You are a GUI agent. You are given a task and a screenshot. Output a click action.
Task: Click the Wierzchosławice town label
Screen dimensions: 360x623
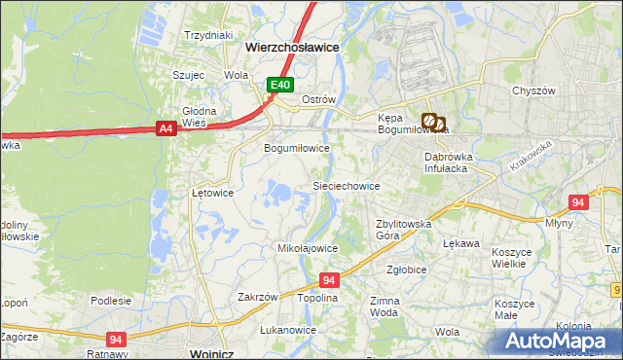[x=291, y=46]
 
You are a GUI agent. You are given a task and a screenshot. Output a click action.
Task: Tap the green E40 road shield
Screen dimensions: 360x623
[x=280, y=86]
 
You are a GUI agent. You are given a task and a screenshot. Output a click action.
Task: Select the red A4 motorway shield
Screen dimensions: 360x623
[x=165, y=127]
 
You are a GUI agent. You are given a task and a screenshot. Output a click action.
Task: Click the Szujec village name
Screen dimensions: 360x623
[x=188, y=74]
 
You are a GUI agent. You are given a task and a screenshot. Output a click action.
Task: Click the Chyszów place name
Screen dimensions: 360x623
[x=533, y=90]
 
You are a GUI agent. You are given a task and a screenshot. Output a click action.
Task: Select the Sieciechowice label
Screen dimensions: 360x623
[x=345, y=185]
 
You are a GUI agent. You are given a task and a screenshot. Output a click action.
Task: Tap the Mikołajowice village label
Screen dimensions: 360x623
[x=309, y=248]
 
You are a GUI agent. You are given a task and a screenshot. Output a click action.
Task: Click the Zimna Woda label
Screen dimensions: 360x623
[x=385, y=306]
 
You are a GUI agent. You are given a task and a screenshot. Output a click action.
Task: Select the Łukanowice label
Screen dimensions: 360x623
[x=288, y=330]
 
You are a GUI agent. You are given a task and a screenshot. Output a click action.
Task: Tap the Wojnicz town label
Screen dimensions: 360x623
[x=219, y=353]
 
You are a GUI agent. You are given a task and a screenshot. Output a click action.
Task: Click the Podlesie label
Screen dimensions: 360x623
[x=111, y=301]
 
